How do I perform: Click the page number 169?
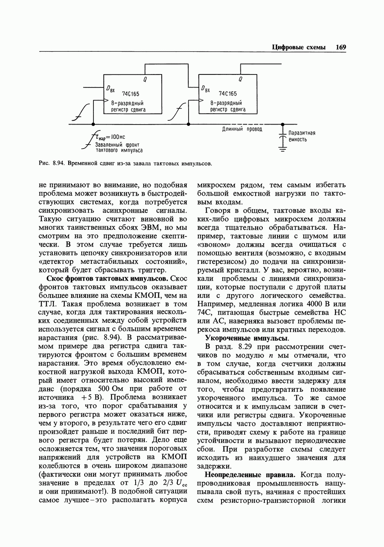tap(341, 47)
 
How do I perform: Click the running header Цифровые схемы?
tap(299, 47)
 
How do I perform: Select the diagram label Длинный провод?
tap(242, 130)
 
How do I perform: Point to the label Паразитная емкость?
tap(302, 136)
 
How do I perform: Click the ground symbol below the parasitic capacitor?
tap(283, 149)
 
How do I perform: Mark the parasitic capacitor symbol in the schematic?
tap(283, 136)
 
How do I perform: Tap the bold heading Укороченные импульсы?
tap(247, 338)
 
